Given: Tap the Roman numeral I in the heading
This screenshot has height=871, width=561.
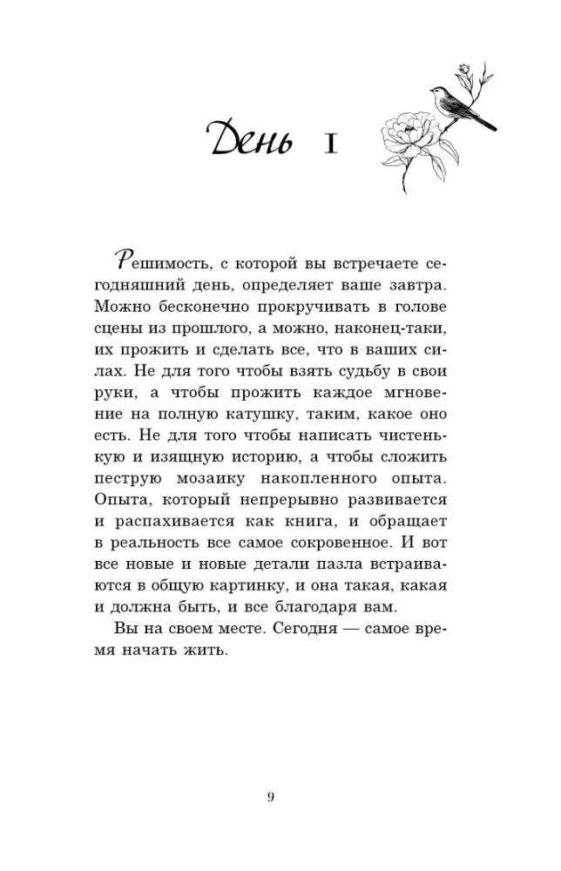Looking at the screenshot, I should pos(329,143).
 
